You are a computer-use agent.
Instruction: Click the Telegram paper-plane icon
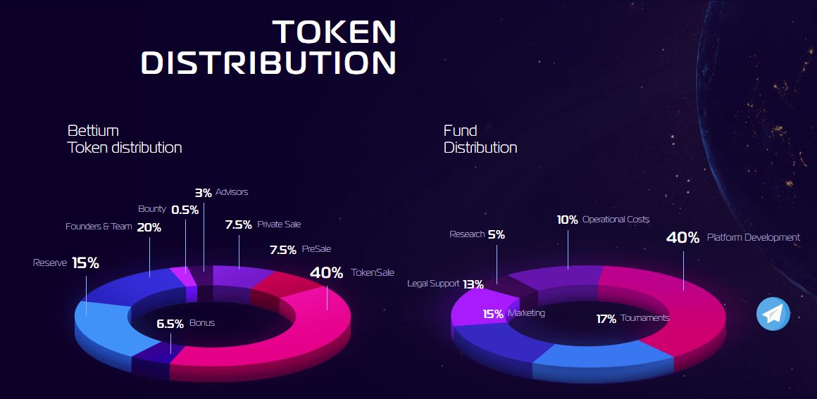[773, 314]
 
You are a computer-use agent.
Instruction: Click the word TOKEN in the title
[335, 32]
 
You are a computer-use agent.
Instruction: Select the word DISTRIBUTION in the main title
[269, 62]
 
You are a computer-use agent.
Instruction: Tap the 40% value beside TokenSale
[327, 272]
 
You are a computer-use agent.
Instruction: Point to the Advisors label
[232, 191]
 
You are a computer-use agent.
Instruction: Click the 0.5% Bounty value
[185, 210]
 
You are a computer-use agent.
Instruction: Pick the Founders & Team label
[99, 227]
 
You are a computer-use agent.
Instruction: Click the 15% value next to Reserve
[85, 263]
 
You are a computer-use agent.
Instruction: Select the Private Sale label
[280, 224]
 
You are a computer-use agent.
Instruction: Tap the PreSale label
[317, 249]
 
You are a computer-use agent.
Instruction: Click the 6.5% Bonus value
[170, 324]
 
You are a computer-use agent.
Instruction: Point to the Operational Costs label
[616, 220]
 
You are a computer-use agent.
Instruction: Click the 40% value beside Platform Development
[682, 238]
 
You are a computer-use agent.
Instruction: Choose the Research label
[467, 234]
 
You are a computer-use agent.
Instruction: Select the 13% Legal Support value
[473, 284]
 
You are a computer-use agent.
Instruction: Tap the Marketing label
[526, 313]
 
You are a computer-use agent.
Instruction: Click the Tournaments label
[645, 318]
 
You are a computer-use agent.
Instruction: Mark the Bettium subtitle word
[93, 130]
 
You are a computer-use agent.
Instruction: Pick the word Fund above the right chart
[460, 130]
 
